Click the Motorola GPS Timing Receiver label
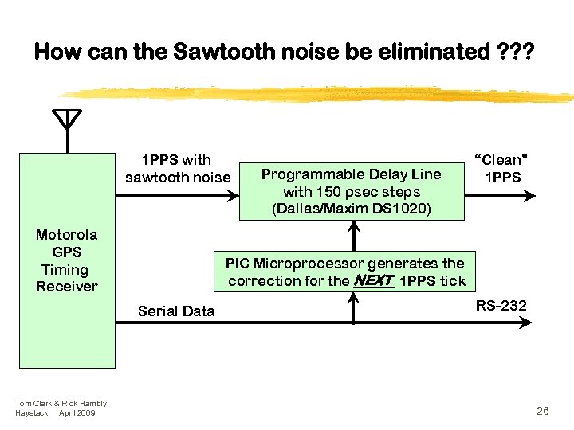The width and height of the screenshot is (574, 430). tap(67, 260)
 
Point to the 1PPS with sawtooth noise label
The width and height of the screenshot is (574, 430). tap(177, 168)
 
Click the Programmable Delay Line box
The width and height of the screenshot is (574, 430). tap(352, 192)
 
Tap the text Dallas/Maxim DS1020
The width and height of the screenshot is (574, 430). tap(352, 209)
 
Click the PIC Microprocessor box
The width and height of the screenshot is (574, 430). tap(345, 272)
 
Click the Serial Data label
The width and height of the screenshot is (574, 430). tap(176, 311)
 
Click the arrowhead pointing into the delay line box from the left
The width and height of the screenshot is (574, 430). tap(234, 192)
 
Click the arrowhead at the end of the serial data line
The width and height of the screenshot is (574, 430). tap(546, 322)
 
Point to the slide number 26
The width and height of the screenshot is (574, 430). tap(542, 411)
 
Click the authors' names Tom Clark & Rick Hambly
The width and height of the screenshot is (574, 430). tap(61, 404)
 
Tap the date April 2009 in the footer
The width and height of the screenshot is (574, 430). tap(77, 413)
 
